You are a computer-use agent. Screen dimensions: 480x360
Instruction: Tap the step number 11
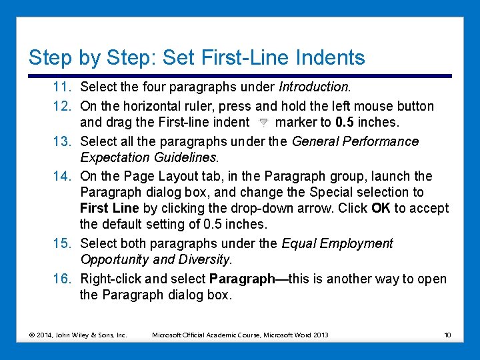click(x=63, y=87)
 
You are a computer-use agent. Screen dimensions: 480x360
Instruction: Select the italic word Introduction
click(x=313, y=87)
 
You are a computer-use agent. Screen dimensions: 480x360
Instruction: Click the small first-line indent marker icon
click(x=263, y=123)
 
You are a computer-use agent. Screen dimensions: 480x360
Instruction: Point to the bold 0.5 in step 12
click(x=345, y=122)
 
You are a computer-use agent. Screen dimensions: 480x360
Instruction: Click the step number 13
click(x=63, y=141)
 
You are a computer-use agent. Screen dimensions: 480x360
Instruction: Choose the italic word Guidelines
click(x=185, y=157)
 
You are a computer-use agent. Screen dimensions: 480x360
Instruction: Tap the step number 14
click(x=63, y=176)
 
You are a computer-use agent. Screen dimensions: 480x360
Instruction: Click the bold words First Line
click(x=109, y=208)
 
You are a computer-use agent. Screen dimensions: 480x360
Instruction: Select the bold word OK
click(x=381, y=208)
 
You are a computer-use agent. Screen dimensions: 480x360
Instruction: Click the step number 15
click(x=63, y=243)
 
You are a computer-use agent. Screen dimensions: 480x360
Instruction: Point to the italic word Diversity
click(x=203, y=259)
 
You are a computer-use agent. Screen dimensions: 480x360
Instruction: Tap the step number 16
click(x=63, y=279)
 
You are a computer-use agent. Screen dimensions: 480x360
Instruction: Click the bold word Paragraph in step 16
click(x=242, y=279)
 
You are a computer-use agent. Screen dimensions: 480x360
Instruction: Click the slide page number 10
click(x=447, y=335)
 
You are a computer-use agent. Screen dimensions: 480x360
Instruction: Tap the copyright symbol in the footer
click(x=31, y=335)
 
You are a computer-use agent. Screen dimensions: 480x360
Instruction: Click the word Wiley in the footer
click(x=79, y=335)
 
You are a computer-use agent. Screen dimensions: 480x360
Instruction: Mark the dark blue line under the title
click(x=240, y=76)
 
